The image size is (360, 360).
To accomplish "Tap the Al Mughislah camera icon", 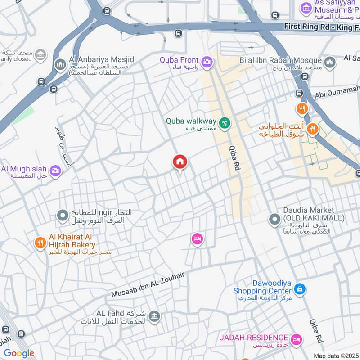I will (55, 171).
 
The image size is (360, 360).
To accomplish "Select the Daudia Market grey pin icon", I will (274, 220).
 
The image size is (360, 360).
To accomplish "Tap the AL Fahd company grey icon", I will (154, 317).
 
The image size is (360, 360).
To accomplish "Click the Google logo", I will (19, 353).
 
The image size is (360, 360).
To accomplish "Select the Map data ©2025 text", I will (336, 355).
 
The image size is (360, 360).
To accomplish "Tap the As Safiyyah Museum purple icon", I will (306, 8).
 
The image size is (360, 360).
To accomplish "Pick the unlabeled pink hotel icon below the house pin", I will (197, 239).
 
